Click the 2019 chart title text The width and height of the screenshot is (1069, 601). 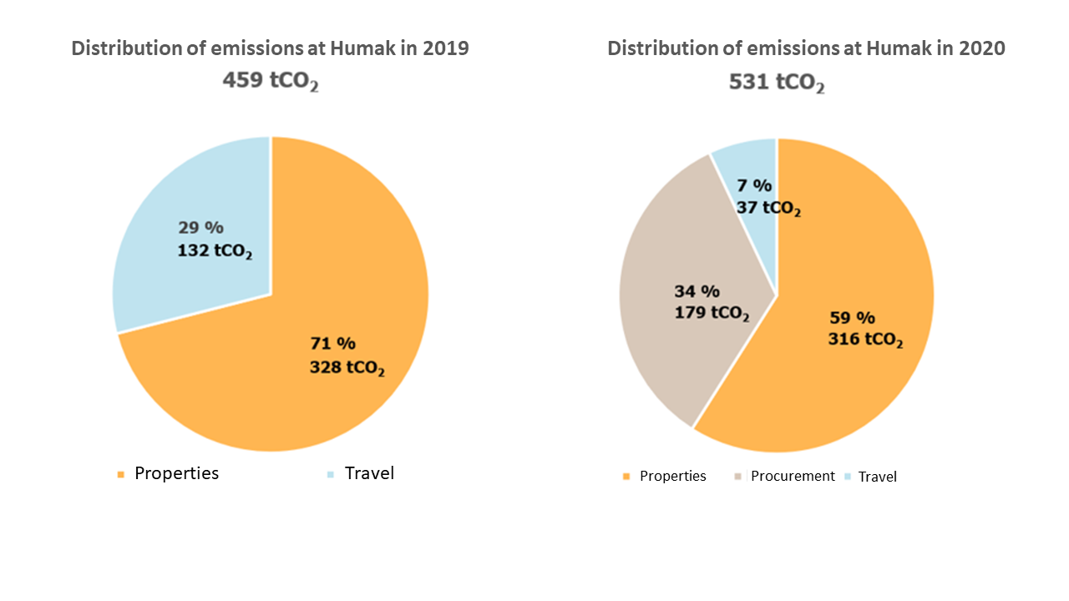coord(270,48)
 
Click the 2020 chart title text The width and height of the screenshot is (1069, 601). coord(806,48)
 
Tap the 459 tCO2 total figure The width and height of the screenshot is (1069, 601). coord(270,81)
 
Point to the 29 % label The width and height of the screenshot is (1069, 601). coord(201,227)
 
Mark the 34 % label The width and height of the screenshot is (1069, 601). coord(697,291)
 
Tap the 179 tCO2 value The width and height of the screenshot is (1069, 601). coord(712,314)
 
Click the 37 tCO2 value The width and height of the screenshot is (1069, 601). coord(768,208)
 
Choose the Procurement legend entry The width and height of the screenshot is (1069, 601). coord(792,476)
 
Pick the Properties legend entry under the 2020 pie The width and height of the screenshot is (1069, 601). coord(672,476)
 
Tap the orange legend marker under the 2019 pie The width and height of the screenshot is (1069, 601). coord(120,474)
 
